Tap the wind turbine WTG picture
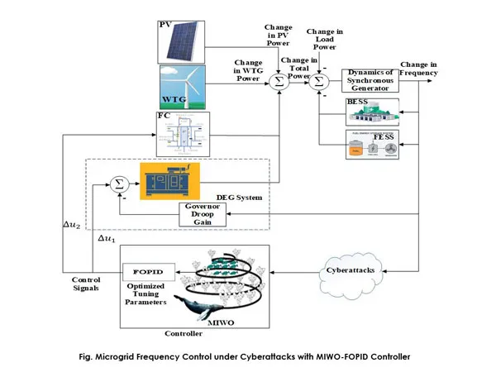pyautogui.click(x=181, y=88)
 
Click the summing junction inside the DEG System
pyautogui.click(x=118, y=183)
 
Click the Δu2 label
pyautogui.click(x=74, y=226)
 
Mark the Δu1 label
pyautogui.click(x=107, y=238)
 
